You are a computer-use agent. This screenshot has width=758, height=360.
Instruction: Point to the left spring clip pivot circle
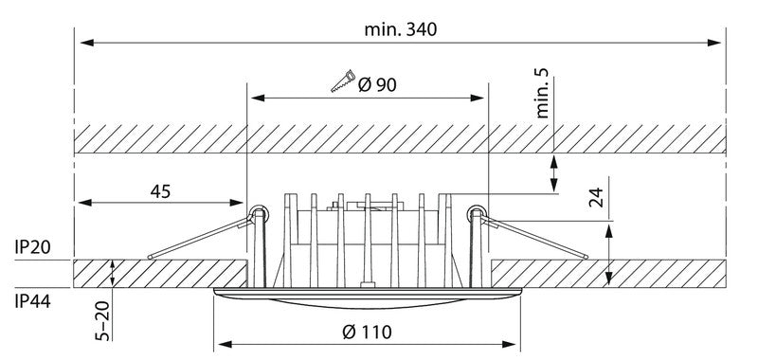pos(256,213)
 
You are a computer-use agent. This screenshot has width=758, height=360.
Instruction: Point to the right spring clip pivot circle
pos(478,213)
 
